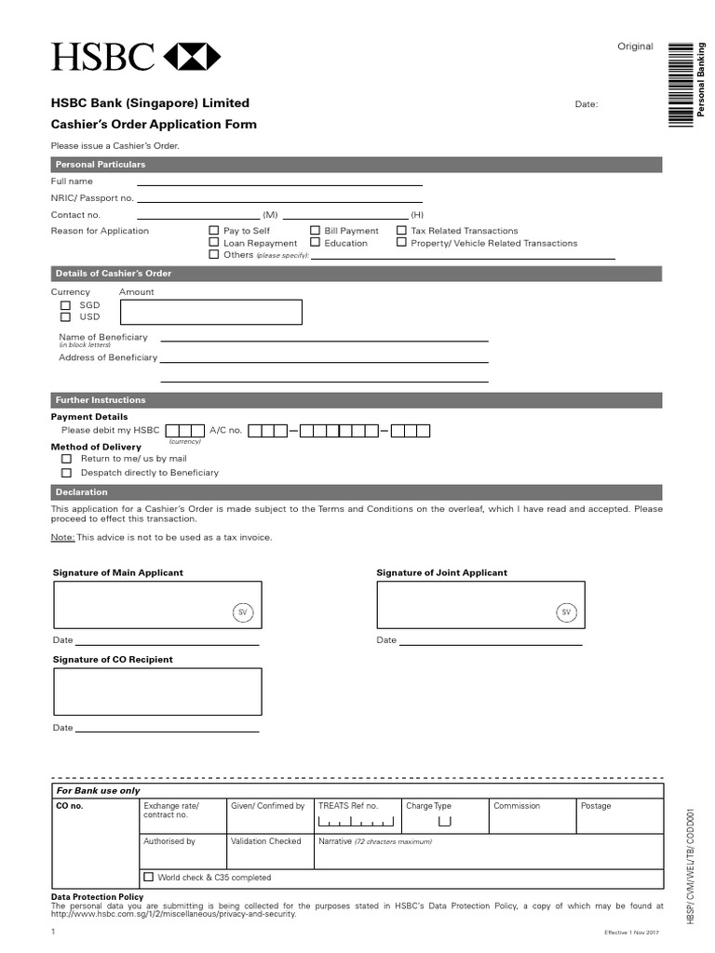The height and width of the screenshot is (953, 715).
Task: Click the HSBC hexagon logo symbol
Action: coord(193,57)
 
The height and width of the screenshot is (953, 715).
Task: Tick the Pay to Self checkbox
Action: coord(214,231)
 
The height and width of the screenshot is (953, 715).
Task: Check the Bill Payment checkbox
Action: coord(315,231)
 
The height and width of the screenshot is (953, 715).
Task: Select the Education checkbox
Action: coord(315,243)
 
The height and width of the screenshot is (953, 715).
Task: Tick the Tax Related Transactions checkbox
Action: coord(402,231)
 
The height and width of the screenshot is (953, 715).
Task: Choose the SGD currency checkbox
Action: coord(66,305)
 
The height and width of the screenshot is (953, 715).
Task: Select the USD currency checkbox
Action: coord(66,317)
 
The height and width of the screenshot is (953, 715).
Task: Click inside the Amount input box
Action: coord(210,312)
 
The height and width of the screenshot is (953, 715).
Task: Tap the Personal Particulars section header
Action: coord(357,165)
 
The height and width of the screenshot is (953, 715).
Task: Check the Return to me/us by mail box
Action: coord(66,459)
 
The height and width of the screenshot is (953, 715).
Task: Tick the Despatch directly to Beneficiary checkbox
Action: coord(66,473)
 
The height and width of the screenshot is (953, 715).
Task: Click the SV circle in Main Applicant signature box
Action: coord(242,611)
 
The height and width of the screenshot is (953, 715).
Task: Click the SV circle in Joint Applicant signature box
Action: coord(565,611)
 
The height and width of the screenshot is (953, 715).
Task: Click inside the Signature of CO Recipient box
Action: coord(157,691)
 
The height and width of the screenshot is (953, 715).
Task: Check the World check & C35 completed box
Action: coord(149,877)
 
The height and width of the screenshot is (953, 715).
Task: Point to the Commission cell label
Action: coord(510,806)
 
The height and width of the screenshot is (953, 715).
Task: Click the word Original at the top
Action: coord(635,47)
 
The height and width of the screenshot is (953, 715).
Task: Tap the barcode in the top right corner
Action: coord(686,84)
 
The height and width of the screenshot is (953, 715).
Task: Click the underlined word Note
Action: coord(61,538)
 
